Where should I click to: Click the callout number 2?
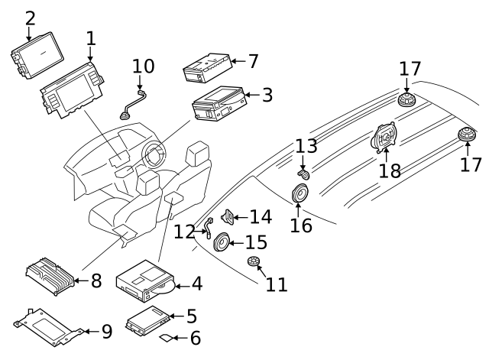click(30, 17)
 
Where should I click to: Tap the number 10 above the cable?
click(143, 66)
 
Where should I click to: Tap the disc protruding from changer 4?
click(162, 288)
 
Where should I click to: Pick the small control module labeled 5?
click(148, 319)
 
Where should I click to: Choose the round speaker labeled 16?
click(300, 196)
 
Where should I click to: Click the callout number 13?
click(306, 146)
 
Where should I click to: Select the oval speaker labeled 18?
click(384, 139)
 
